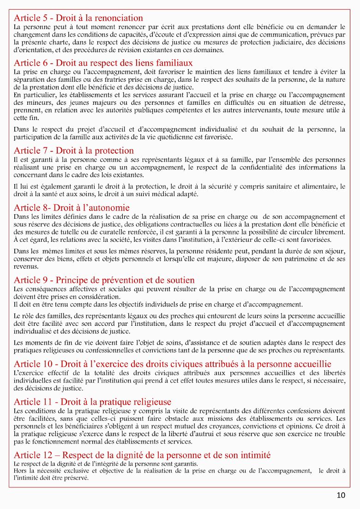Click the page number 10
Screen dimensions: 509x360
341,496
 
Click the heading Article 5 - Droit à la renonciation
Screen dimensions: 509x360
78,18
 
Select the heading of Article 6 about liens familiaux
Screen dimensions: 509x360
103,63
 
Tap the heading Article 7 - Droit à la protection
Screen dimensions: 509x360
74,150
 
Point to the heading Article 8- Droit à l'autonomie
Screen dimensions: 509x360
72,208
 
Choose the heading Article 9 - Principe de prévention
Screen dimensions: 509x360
104,280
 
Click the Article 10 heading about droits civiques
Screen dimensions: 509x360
173,364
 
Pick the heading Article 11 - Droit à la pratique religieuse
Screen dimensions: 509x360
92,402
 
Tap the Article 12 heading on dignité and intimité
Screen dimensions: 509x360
142,455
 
